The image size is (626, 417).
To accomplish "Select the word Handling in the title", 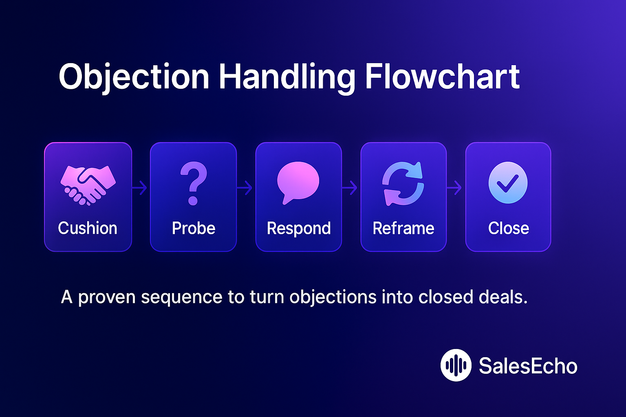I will pyautogui.click(x=287, y=77).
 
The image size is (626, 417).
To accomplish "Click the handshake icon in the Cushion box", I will pyautogui.click(x=88, y=184).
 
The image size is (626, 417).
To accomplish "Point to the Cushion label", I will pyautogui.click(x=88, y=228).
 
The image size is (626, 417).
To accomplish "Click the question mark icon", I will pyautogui.click(x=193, y=183).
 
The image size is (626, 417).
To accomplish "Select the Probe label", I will pyautogui.click(x=194, y=228).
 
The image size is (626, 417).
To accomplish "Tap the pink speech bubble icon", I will pyautogui.click(x=298, y=182).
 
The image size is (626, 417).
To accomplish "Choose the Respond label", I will pyautogui.click(x=299, y=228).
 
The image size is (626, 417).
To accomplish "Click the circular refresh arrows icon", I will pyautogui.click(x=403, y=183).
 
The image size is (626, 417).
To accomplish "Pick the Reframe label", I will pyautogui.click(x=403, y=228).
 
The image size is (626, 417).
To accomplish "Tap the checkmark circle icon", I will pyautogui.click(x=508, y=183).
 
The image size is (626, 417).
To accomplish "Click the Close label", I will pyautogui.click(x=509, y=228).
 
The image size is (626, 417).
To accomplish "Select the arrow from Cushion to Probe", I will pyautogui.click(x=140, y=188).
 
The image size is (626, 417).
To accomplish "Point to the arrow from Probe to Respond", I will pyautogui.click(x=245, y=188).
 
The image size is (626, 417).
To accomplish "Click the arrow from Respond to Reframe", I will pyautogui.click(x=350, y=188).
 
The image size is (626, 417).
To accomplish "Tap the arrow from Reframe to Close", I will pyautogui.click(x=455, y=188).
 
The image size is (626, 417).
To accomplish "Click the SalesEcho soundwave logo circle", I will pyautogui.click(x=456, y=365).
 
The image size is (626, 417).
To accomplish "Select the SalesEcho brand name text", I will pyautogui.click(x=528, y=366).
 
